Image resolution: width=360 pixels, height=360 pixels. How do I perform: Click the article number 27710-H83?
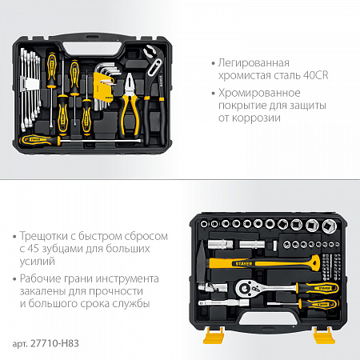click(x=54, y=343)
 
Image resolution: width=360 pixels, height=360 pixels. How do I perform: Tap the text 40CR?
click(x=316, y=75)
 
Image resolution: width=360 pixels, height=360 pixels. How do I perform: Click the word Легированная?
click(x=254, y=63)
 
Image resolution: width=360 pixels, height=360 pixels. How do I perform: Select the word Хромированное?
click(x=259, y=93)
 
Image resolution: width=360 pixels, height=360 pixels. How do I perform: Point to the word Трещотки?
click(x=44, y=237)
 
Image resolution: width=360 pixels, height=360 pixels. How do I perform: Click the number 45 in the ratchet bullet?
click(x=34, y=249)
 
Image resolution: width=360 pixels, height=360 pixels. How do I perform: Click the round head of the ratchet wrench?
click(x=246, y=288)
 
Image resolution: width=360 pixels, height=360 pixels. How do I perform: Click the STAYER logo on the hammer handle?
click(x=244, y=264)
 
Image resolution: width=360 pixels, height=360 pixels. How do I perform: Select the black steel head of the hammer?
click(x=202, y=262)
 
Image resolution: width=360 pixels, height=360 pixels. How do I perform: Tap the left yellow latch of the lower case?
click(x=214, y=335)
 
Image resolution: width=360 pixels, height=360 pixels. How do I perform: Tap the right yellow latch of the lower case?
click(x=323, y=335)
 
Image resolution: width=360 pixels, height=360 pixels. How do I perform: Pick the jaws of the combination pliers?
click(x=130, y=83)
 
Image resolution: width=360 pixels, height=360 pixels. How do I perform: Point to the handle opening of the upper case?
click(x=92, y=49)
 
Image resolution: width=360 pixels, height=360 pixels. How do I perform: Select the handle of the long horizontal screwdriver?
click(x=40, y=140)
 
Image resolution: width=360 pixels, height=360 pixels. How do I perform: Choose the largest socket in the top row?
click(x=329, y=226)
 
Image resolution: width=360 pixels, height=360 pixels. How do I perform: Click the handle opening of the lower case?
click(x=266, y=319)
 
